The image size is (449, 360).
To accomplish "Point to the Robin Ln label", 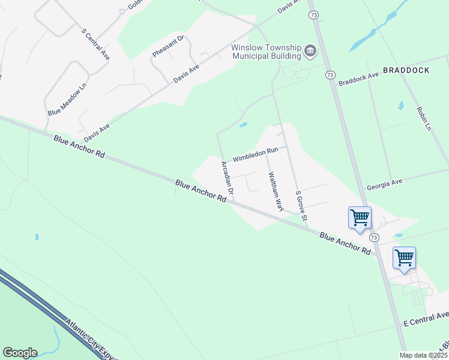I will click(423, 119).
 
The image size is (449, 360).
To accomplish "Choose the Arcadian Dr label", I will click(227, 181).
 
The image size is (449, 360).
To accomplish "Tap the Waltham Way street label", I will click(275, 191).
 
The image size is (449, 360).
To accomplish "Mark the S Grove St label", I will click(301, 205).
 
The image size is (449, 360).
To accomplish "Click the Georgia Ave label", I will click(384, 182).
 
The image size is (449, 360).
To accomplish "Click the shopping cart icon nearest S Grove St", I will click(360, 217).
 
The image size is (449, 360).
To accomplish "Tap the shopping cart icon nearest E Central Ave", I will click(404, 258).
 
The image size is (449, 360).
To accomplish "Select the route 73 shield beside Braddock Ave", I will click(331, 74).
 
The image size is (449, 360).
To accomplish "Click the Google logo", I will click(20, 353).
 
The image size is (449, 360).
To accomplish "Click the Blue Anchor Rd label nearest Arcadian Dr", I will click(200, 191).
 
